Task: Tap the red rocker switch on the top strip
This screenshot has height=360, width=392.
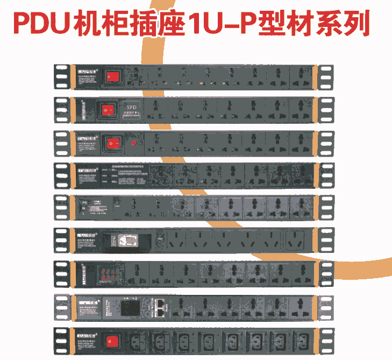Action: tap(111, 77)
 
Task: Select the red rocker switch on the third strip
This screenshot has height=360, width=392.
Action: tap(111, 143)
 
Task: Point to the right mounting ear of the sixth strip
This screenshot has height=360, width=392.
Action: tap(325, 240)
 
